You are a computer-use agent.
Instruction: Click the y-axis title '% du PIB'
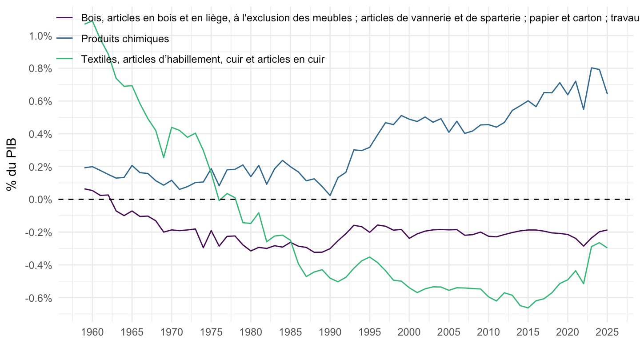click(12, 164)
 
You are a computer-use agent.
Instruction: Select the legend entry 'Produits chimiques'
click(125, 39)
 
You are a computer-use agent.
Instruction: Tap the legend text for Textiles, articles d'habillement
click(203, 59)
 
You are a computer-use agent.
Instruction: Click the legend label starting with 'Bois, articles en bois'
click(360, 18)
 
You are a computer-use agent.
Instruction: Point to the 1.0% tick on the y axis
click(40, 36)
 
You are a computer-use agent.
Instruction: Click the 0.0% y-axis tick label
click(40, 200)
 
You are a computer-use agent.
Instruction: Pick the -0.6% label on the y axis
click(39, 298)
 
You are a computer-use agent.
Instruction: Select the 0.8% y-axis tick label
click(40, 69)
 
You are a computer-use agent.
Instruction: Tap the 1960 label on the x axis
click(92, 332)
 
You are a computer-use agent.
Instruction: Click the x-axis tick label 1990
click(330, 332)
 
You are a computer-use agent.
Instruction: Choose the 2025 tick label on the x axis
click(607, 332)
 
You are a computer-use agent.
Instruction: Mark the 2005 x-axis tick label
click(449, 332)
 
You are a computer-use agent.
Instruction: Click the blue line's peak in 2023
click(592, 68)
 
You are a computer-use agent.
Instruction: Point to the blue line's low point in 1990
click(330, 196)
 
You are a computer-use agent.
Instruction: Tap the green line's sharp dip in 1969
click(164, 157)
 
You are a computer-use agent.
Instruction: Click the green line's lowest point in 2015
click(528, 308)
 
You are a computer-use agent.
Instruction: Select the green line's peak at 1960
click(92, 21)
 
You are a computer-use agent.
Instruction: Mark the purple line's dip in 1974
click(203, 248)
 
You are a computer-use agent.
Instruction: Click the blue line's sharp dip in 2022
click(584, 109)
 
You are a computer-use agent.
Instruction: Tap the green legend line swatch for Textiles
click(64, 59)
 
